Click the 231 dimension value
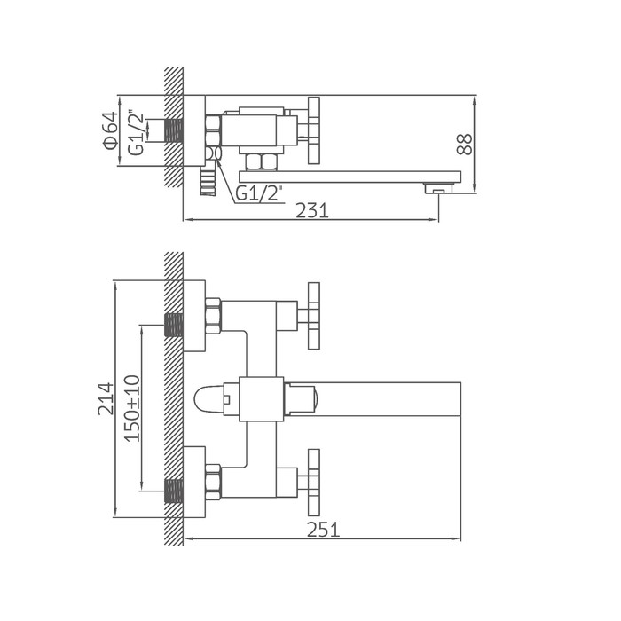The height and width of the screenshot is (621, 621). click(312, 211)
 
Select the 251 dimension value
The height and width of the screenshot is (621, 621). click(323, 530)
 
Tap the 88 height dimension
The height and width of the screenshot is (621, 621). click(466, 144)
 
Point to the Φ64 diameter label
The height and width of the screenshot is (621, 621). click(110, 130)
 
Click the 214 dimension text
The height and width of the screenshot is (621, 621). click(106, 399)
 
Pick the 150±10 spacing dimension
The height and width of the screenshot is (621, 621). click(132, 408)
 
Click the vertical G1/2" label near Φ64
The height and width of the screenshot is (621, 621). click(136, 134)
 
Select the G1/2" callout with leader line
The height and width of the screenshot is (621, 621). click(258, 193)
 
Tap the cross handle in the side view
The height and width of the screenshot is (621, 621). click(314, 130)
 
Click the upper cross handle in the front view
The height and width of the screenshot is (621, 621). click(314, 316)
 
